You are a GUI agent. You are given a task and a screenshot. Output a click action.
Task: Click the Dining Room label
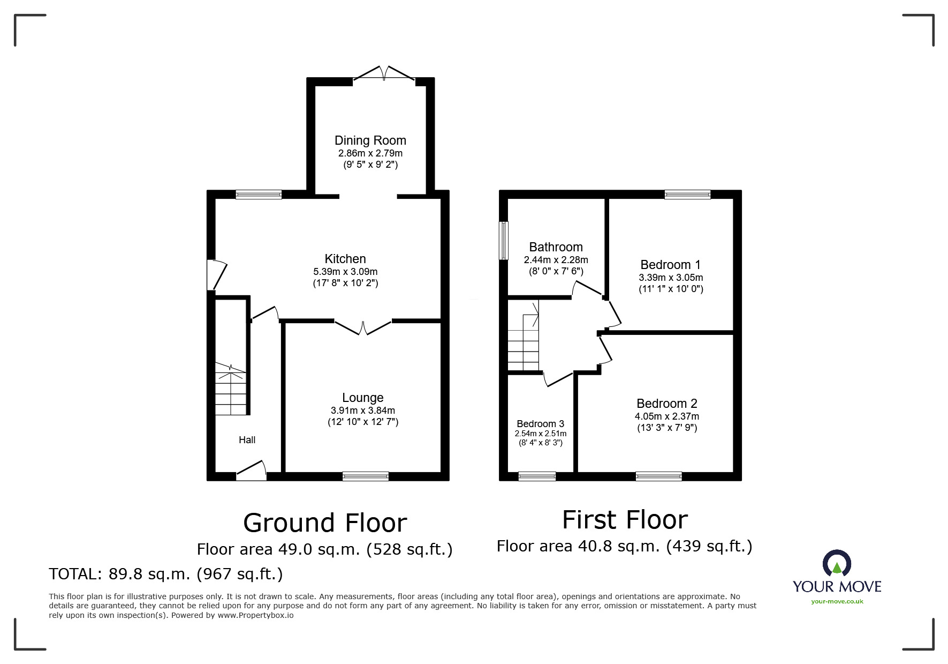coord(370,140)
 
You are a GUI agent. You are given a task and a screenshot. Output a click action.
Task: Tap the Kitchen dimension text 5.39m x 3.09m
coord(345,272)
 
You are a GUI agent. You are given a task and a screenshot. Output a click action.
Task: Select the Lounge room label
coord(363,398)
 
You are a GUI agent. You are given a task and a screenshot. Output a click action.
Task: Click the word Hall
coord(247,440)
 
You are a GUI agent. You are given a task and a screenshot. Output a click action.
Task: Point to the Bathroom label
coord(556,247)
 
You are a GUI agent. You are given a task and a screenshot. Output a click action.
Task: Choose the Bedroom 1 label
coord(670,265)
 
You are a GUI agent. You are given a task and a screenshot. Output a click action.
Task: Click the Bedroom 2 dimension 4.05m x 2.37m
coord(666,416)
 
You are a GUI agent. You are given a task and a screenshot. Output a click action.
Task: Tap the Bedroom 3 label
coord(540,424)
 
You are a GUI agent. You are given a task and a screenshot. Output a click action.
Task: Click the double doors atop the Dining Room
coord(384,74)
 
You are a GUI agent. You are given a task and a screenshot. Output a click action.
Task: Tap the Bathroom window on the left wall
coord(503,241)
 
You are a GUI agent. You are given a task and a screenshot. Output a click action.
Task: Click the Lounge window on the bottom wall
coord(366,476)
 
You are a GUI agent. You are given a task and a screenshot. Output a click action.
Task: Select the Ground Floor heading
coord(325,523)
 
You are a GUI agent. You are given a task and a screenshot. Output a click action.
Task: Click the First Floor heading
coord(625,520)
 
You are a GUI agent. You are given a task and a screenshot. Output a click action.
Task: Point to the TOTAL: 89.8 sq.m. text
coord(165,574)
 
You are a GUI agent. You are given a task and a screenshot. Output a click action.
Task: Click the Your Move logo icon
coord(837,564)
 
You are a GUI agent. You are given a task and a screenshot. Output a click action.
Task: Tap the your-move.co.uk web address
coord(837,601)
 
